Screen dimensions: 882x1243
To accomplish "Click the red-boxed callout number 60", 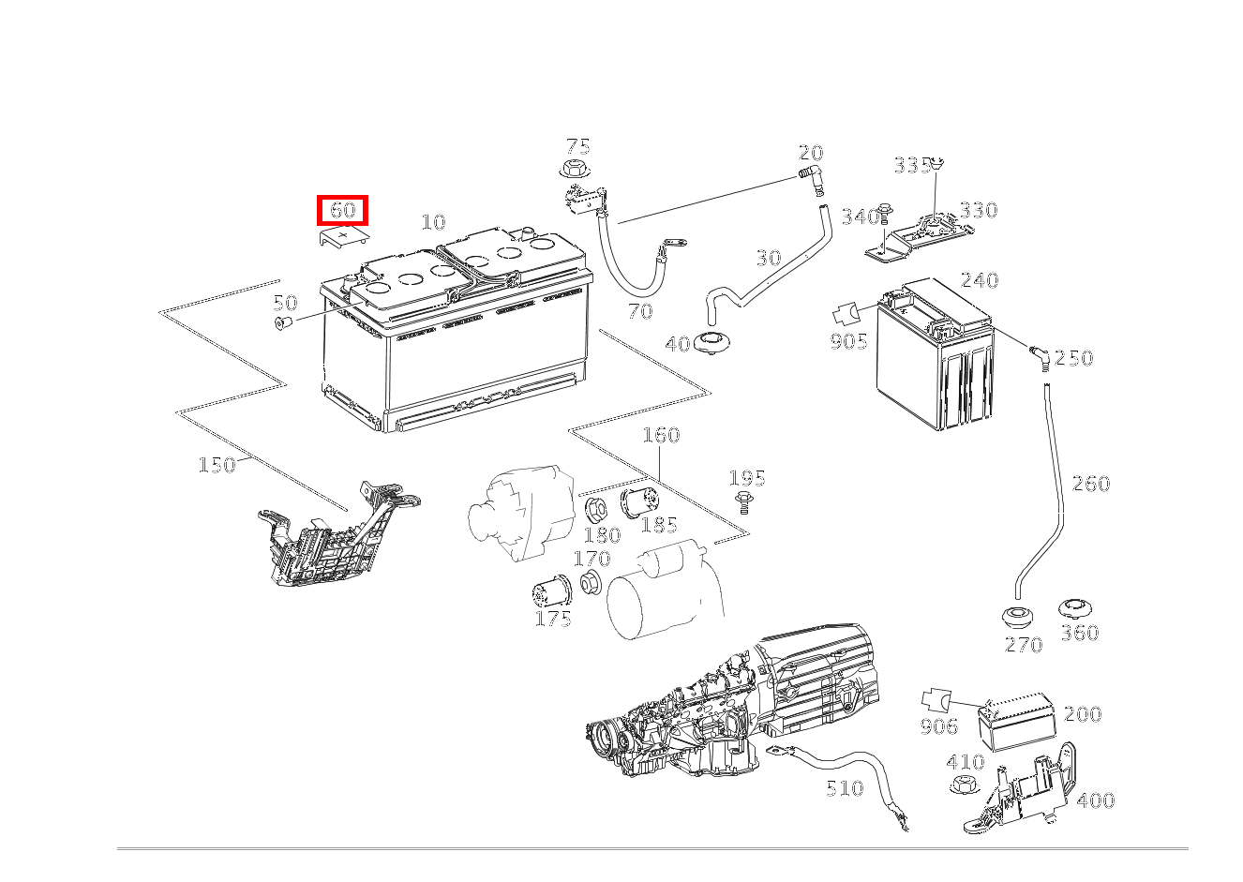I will (x=343, y=210).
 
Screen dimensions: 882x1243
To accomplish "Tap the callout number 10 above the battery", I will (x=433, y=222).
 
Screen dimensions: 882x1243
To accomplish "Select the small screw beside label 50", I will (x=282, y=323).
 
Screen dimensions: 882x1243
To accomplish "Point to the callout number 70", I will (x=640, y=311).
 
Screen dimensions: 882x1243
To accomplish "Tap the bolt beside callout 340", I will (x=887, y=216).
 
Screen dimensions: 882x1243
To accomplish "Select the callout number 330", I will (x=978, y=210).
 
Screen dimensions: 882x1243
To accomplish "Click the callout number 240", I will (x=980, y=280).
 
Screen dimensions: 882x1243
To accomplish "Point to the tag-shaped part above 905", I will (x=847, y=313).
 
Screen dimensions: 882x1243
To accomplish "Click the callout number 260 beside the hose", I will (x=1090, y=484).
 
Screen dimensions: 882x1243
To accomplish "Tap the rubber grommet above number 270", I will (x=1017, y=618).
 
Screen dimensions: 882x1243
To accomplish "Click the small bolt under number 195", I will (x=744, y=501).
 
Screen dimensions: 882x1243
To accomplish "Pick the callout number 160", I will (x=661, y=435).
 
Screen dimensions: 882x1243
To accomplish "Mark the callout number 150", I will (x=217, y=465).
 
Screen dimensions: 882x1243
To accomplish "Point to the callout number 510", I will (x=845, y=788).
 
